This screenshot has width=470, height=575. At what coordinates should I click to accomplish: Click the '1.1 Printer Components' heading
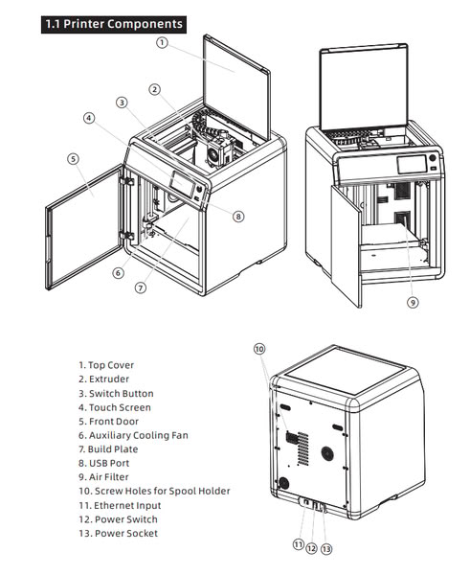click(114, 24)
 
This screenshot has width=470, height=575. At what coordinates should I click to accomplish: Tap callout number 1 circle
click(162, 42)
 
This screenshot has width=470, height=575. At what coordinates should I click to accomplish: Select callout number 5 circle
click(74, 159)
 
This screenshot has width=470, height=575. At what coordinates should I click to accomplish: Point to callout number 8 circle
click(238, 217)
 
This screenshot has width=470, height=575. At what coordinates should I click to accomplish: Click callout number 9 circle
click(413, 303)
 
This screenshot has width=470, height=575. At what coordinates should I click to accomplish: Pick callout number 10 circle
click(259, 349)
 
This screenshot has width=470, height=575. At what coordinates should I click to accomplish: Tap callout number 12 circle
click(311, 548)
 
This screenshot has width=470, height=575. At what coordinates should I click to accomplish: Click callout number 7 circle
click(141, 287)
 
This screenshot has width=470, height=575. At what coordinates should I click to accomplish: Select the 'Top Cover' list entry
click(106, 365)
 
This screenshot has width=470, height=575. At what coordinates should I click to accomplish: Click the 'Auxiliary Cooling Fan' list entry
click(133, 435)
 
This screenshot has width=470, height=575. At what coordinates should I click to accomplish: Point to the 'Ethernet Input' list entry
click(120, 505)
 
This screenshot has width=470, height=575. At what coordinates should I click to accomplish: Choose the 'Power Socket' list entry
click(119, 533)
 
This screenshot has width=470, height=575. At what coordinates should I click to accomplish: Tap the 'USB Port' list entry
click(104, 463)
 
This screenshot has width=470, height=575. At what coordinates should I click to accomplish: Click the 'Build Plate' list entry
click(108, 449)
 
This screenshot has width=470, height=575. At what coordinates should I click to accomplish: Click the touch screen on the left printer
click(182, 184)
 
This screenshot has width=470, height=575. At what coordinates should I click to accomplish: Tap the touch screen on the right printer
click(413, 164)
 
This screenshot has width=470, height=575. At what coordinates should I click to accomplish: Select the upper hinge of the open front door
click(126, 181)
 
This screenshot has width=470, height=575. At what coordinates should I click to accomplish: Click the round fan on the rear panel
click(327, 453)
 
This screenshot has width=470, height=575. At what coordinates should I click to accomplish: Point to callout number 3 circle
click(122, 103)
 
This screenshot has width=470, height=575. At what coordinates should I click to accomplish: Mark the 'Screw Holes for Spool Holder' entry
click(154, 492)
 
